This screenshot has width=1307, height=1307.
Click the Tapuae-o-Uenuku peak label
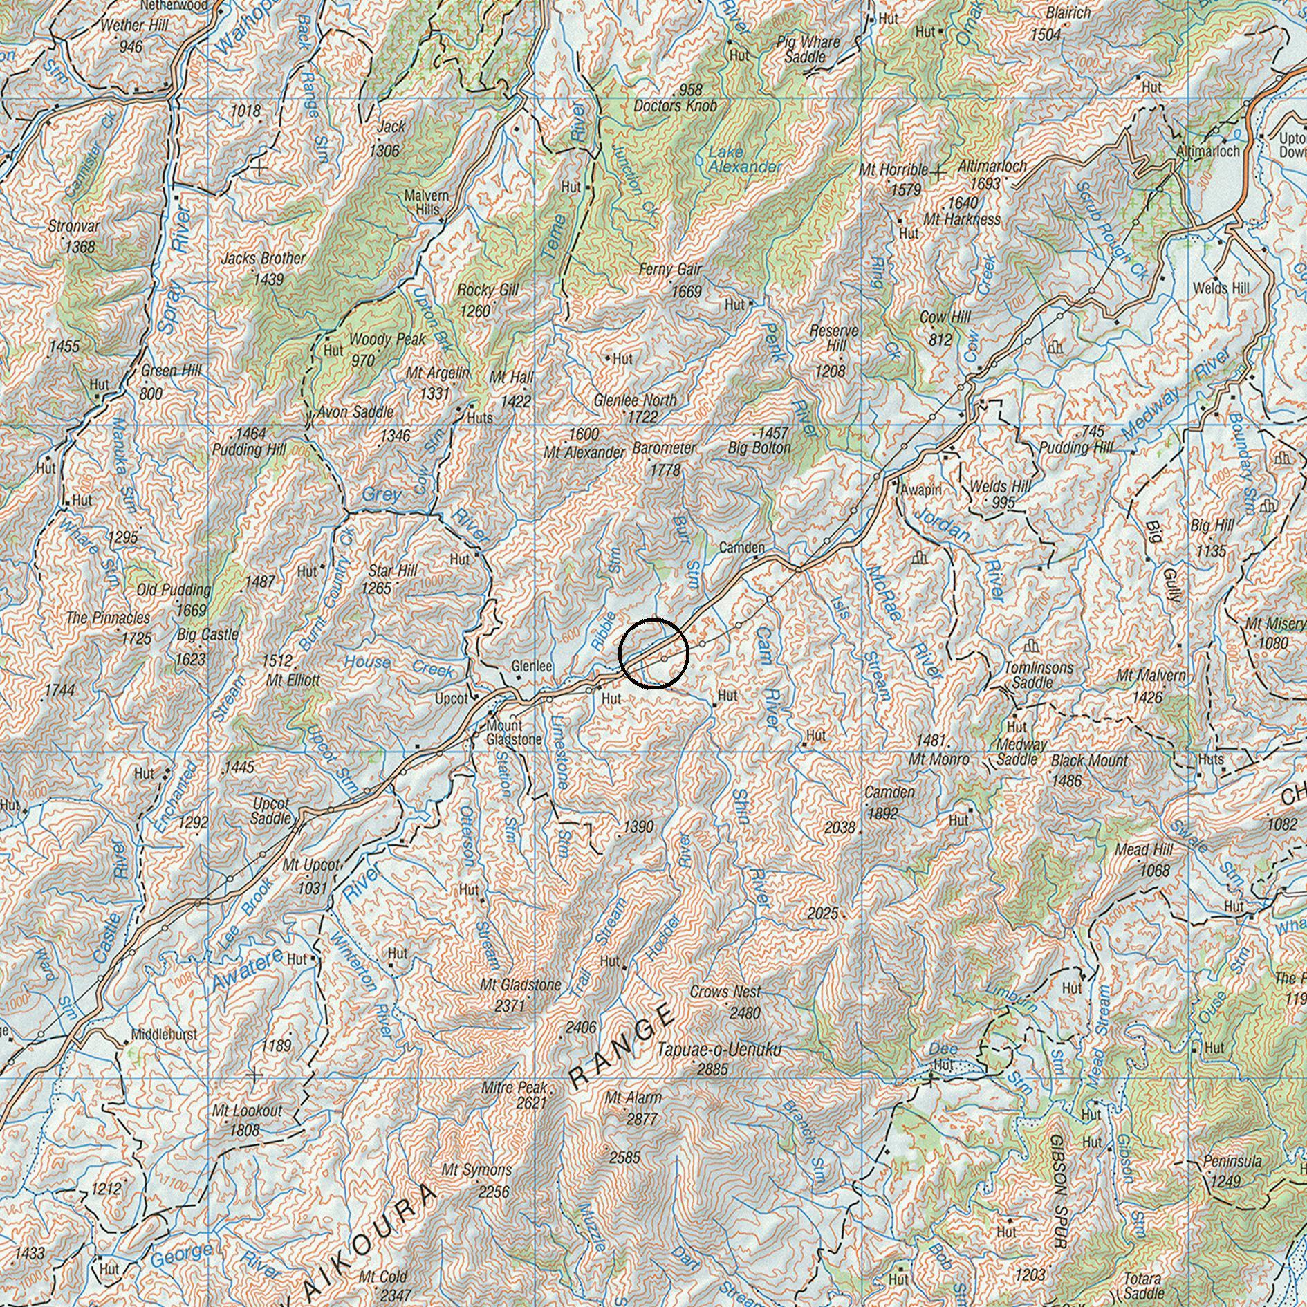[719, 1050]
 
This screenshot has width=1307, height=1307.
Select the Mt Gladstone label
[521, 985]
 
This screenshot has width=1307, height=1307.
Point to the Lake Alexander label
[744, 159]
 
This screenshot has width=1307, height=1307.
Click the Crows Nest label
[725, 992]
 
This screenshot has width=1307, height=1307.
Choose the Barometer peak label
[664, 448]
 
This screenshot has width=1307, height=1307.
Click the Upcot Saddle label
[271, 810]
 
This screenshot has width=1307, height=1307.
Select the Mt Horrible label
[893, 170]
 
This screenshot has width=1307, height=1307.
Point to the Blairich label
[1068, 13]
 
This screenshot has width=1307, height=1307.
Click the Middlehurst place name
[165, 1035]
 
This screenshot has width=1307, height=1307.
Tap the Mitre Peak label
[516, 1088]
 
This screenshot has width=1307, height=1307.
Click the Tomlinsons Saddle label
[1038, 675]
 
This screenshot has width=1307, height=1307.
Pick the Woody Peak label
[378, 340]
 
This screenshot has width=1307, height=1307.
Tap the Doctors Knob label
[675, 106]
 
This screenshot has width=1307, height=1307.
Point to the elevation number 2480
[745, 1012]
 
